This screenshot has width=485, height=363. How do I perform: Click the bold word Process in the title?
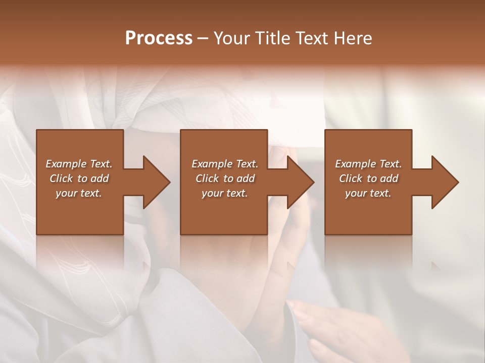(159, 38)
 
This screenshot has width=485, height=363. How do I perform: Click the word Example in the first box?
(66, 164)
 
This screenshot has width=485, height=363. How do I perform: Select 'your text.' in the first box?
(79, 193)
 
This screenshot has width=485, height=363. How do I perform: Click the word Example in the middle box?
(212, 164)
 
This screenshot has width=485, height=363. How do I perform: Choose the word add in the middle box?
(246, 178)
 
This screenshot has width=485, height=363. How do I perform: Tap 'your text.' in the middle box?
(225, 193)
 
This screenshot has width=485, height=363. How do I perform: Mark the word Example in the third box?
(356, 164)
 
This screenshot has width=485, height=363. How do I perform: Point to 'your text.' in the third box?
(368, 193)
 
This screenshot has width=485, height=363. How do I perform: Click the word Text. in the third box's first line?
(390, 164)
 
